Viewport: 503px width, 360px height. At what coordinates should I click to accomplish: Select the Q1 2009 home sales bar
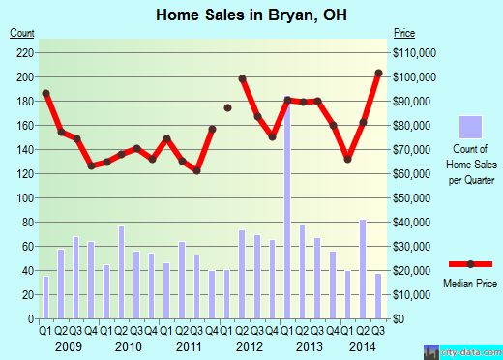coord(45,297)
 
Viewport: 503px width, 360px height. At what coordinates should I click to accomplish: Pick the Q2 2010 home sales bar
coord(121,272)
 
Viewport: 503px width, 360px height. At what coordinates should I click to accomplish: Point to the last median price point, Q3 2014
coord(378,74)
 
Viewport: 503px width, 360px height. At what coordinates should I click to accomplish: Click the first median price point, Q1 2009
coord(45,93)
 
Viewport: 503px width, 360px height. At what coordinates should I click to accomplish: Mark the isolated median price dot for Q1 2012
coord(227,108)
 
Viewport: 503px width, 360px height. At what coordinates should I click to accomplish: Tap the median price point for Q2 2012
coord(242,78)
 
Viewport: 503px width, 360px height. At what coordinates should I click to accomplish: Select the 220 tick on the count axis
coord(24,52)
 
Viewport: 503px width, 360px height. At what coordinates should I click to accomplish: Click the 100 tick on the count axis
coord(24,197)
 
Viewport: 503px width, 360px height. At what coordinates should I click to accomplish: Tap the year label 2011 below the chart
coord(189,345)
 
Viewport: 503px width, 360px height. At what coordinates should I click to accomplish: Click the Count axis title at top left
coord(22,33)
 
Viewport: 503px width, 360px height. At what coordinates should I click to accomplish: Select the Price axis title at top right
coord(402,33)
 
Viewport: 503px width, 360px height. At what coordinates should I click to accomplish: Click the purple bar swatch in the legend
coord(469,126)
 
